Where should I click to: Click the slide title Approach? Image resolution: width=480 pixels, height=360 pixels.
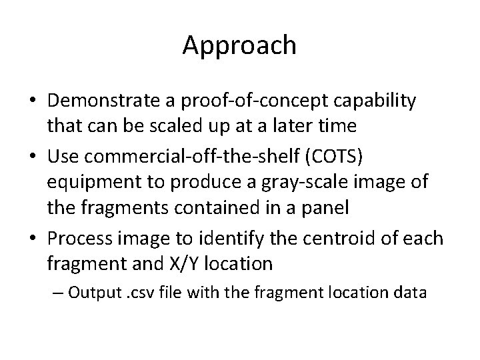(x=239, y=45)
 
